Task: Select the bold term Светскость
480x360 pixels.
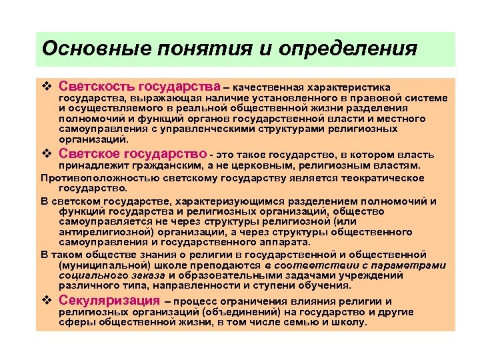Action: coord(97,87)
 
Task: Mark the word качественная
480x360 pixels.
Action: coord(267,87)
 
